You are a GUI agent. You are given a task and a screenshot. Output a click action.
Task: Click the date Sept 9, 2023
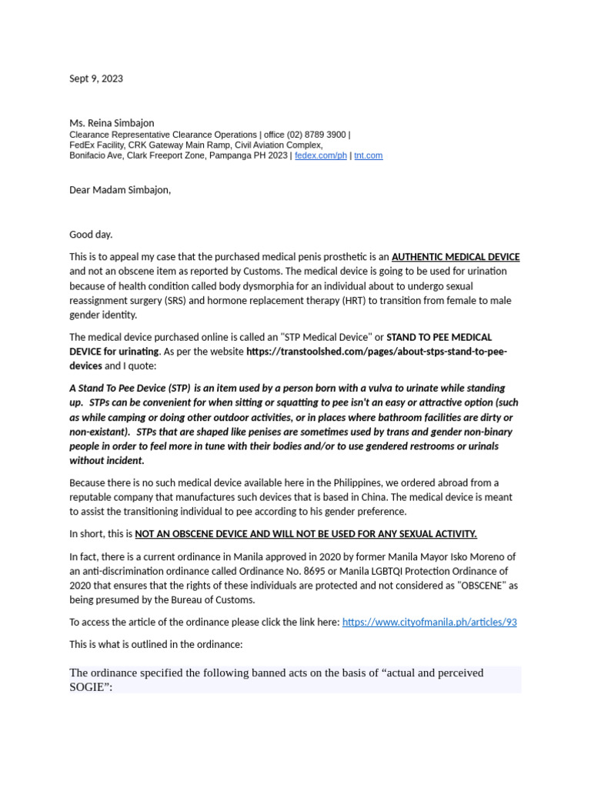(95, 78)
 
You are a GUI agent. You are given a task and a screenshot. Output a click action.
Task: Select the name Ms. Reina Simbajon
(112, 123)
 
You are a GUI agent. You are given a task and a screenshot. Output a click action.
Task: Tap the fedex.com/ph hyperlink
(321, 155)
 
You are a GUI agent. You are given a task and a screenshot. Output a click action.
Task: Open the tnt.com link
(368, 155)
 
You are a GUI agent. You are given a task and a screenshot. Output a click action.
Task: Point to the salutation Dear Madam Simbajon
(119, 190)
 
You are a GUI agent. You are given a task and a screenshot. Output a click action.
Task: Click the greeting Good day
(91, 235)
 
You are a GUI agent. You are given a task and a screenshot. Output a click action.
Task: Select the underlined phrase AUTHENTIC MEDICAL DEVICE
(456, 257)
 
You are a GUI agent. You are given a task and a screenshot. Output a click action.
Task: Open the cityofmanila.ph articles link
(429, 622)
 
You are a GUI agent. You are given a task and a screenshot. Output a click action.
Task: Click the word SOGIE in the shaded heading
(88, 687)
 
